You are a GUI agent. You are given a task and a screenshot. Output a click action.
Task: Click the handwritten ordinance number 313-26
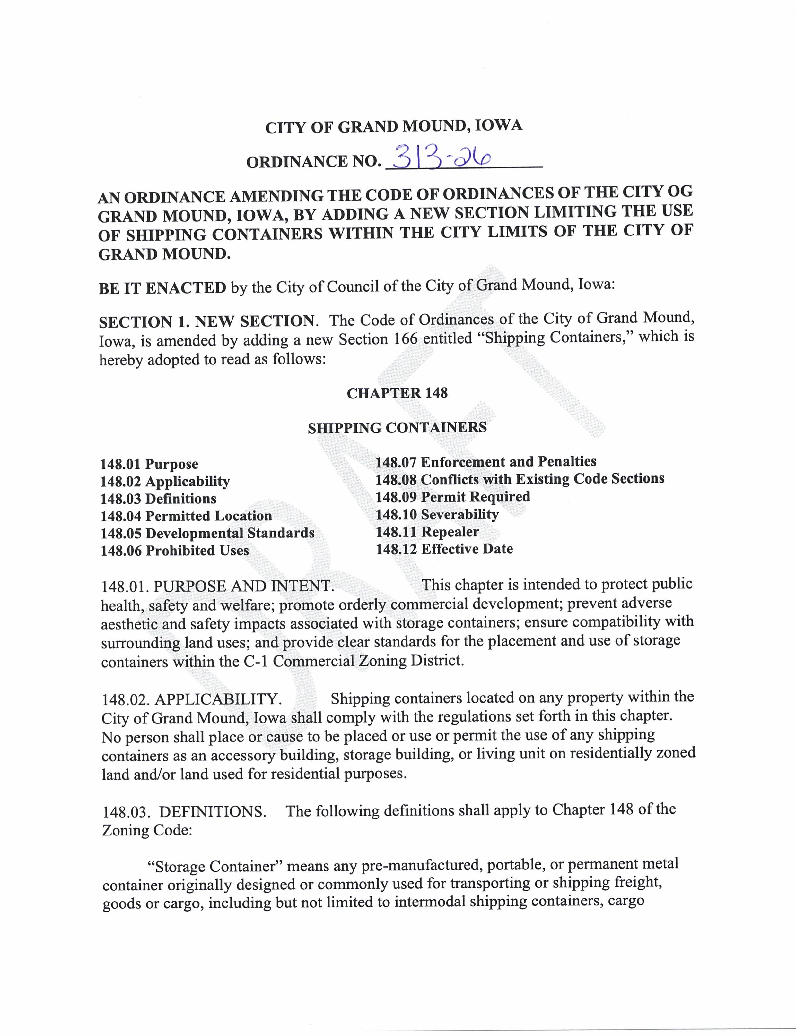click(441, 158)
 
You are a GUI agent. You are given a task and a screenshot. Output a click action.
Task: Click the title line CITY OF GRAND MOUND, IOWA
click(393, 126)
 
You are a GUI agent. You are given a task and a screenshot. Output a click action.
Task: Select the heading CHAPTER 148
click(397, 393)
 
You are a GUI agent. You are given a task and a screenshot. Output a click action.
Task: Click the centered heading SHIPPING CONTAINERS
click(397, 428)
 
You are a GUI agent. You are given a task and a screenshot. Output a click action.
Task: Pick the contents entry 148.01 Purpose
click(149, 464)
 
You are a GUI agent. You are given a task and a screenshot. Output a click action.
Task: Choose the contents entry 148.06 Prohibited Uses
click(175, 551)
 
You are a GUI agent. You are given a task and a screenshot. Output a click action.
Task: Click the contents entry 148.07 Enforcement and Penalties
click(485, 462)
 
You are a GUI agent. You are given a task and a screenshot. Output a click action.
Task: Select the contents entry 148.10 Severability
click(437, 514)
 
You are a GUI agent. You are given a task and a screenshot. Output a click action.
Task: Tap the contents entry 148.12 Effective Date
click(444, 549)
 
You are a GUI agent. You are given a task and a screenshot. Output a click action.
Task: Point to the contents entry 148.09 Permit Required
click(452, 497)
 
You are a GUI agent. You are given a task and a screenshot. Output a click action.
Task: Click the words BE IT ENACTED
click(162, 288)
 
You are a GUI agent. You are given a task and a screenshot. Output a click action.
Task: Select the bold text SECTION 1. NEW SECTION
click(206, 322)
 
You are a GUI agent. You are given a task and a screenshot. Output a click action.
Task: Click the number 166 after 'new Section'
click(406, 339)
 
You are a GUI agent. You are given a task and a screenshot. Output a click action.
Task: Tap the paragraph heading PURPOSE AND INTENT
click(243, 586)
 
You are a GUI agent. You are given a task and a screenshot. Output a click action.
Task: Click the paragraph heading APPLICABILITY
click(218, 699)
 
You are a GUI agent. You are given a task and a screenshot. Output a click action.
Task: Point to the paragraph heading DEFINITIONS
click(212, 812)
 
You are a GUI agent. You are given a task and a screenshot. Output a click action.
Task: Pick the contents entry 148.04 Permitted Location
click(186, 516)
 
